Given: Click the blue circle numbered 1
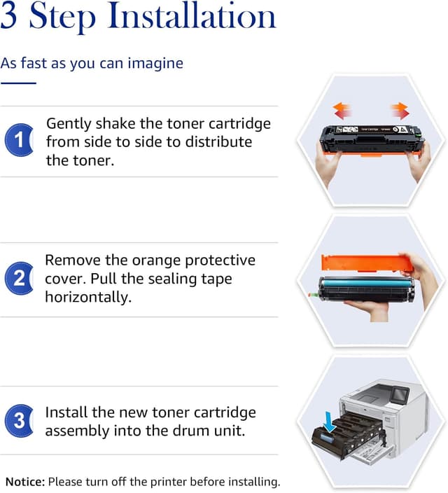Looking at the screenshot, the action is [19, 139].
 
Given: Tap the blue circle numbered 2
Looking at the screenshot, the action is [19, 278].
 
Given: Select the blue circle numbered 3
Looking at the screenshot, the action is [19, 421].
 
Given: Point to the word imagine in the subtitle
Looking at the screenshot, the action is [155, 64].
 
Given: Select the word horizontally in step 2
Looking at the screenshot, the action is [88, 297].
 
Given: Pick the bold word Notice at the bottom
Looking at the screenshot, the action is [25, 482].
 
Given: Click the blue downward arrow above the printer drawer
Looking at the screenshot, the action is [329, 422].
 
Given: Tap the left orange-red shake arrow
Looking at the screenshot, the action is [342, 111].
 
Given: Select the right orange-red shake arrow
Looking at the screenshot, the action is [400, 111].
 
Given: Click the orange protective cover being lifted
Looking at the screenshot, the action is [367, 263].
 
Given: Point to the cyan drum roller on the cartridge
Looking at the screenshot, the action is [366, 283].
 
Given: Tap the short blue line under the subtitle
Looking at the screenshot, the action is [18, 83].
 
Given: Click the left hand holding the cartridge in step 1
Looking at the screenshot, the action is [328, 163].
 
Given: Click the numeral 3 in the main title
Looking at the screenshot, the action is [8, 15].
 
